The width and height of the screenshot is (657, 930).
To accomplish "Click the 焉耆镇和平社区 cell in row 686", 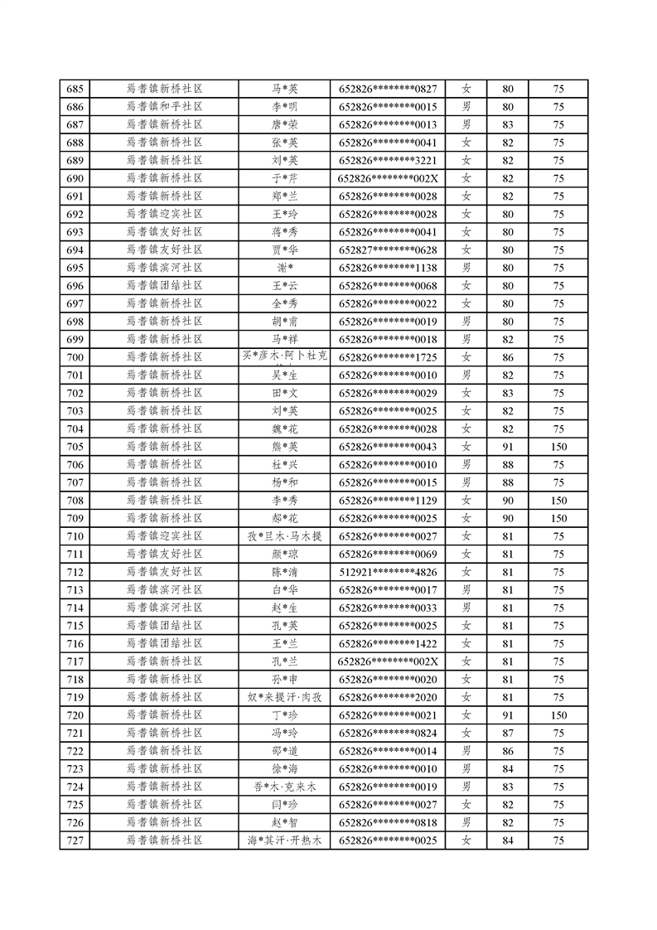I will (x=164, y=107).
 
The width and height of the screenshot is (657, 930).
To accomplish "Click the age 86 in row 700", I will (x=508, y=357).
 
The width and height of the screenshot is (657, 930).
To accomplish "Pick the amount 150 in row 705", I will (x=559, y=447).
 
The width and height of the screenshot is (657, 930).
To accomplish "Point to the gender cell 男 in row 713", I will (x=466, y=590).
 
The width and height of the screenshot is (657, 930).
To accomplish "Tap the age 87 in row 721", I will (x=508, y=734).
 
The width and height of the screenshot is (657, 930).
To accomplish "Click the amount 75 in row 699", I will (x=559, y=340).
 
